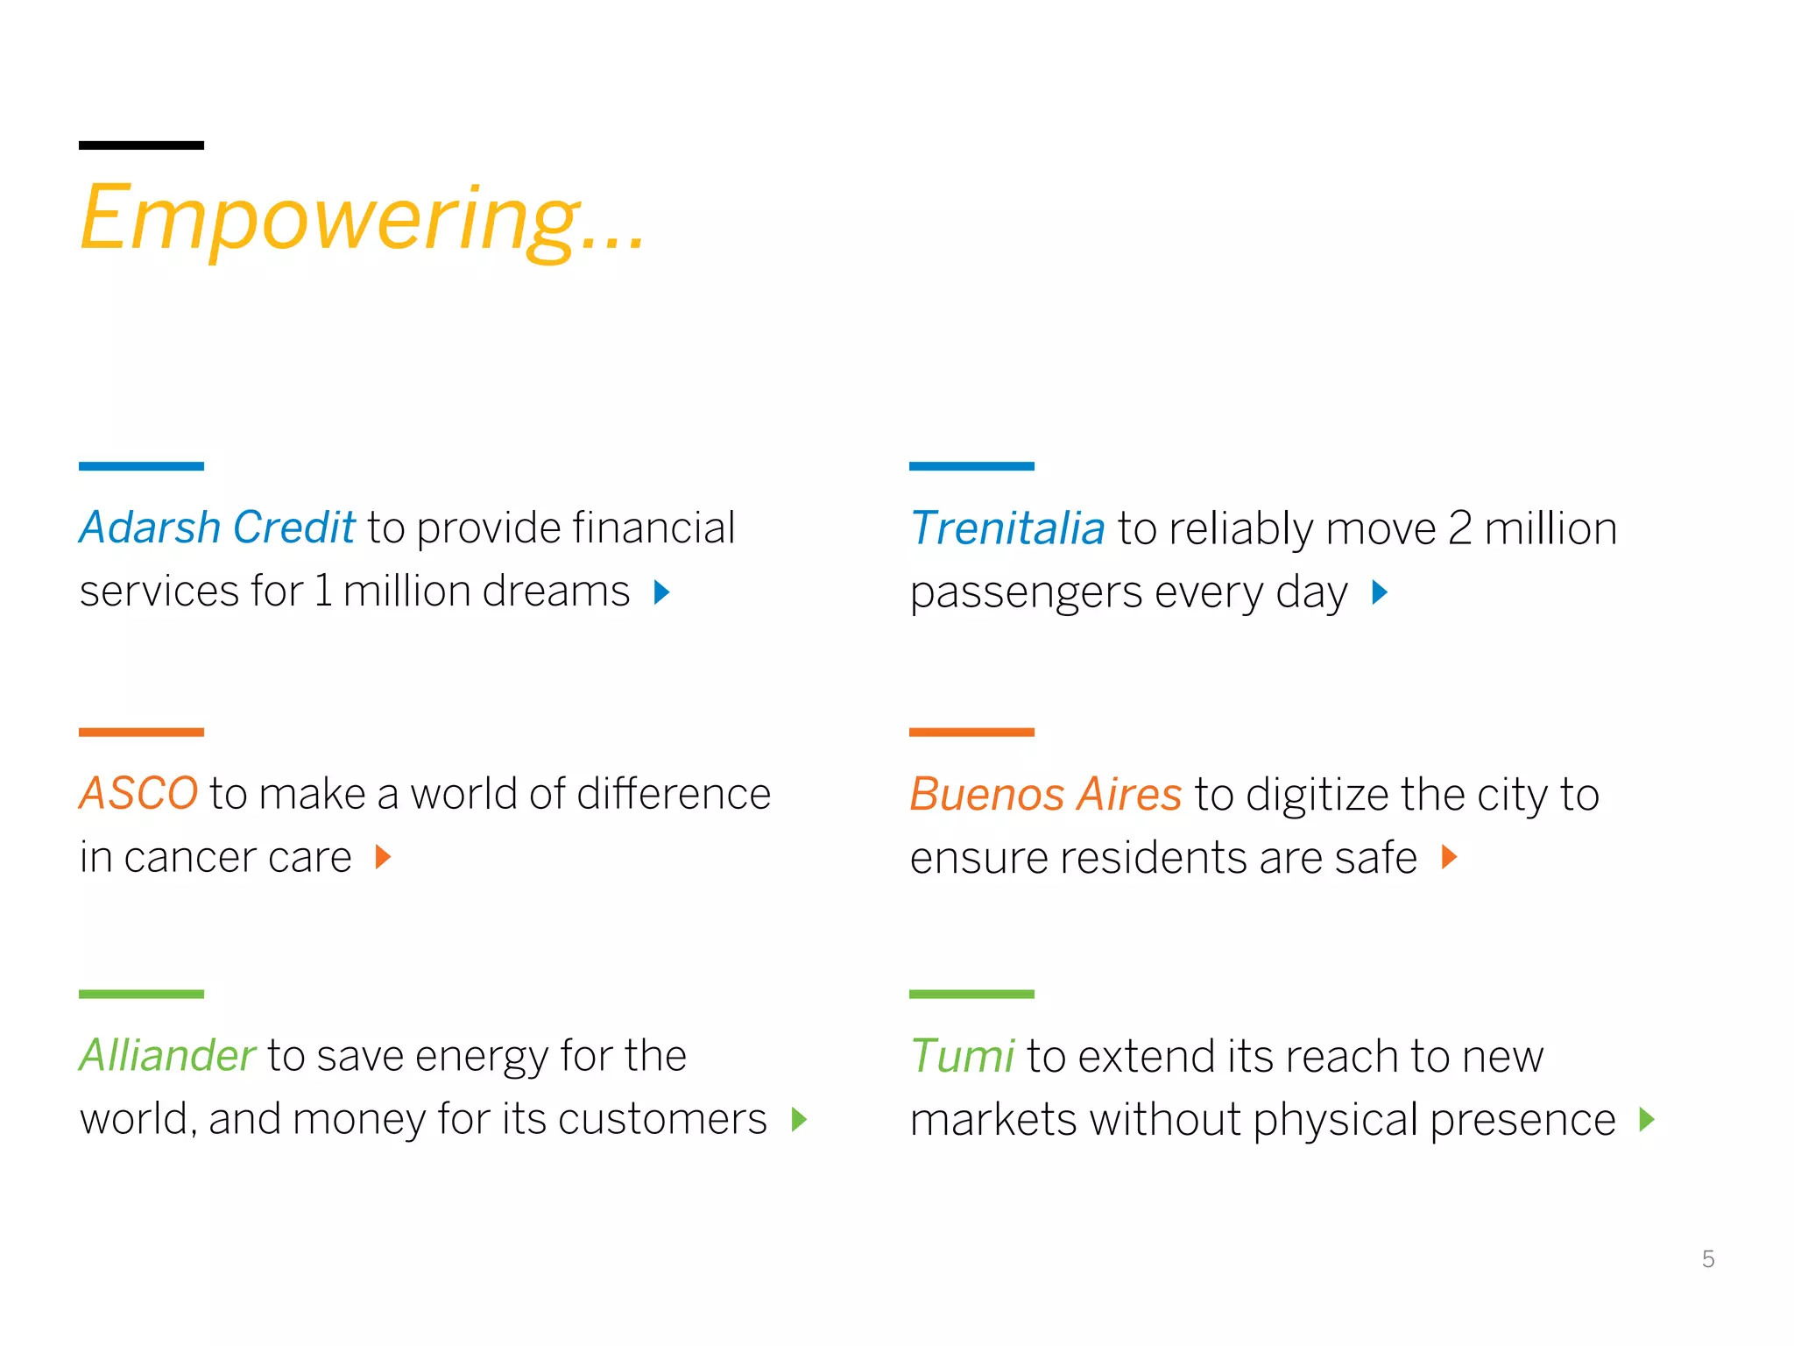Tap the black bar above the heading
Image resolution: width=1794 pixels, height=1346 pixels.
[141, 145]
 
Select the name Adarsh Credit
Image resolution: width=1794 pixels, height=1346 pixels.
[217, 528]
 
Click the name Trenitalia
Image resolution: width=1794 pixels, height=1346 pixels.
[1007, 529]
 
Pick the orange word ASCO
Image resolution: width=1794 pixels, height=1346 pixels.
[138, 794]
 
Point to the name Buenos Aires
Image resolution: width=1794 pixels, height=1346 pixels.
[1046, 795]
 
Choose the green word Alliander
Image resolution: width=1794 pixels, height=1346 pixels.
[167, 1056]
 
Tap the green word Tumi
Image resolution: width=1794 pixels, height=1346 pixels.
[962, 1056]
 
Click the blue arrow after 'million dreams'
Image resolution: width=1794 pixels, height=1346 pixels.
[662, 593]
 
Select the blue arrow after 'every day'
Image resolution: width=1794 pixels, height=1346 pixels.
[1380, 593]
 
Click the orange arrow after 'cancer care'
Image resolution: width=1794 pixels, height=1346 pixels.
[383, 857]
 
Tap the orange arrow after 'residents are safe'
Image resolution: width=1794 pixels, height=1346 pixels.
[1450, 857]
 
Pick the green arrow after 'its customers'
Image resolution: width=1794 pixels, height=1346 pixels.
[798, 1120]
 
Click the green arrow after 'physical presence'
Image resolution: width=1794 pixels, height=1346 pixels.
[1647, 1120]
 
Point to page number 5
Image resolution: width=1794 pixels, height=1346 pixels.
[1708, 1259]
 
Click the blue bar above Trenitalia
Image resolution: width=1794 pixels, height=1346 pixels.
[971, 466]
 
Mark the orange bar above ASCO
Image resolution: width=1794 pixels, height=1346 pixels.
[141, 732]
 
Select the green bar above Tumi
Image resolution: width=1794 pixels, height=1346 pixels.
[971, 995]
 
